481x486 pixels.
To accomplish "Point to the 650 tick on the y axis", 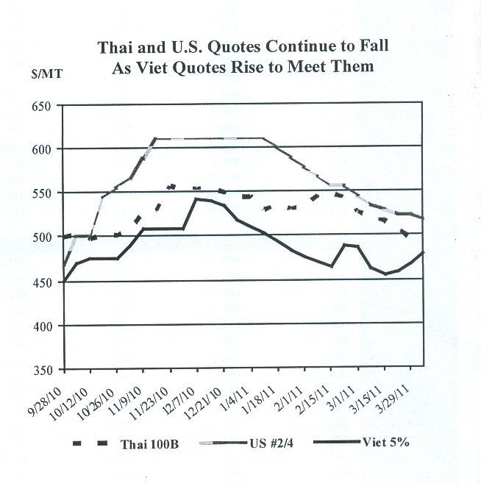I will (x=45, y=106).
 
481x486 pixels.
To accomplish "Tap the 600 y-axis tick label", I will (x=45, y=150).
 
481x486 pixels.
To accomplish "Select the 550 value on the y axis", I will (x=45, y=193).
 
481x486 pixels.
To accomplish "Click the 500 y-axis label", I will (x=45, y=237).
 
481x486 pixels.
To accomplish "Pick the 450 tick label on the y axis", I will (x=45, y=282).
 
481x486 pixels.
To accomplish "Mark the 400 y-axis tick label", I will (x=45, y=325).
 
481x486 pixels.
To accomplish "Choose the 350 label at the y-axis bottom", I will (x=45, y=369).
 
